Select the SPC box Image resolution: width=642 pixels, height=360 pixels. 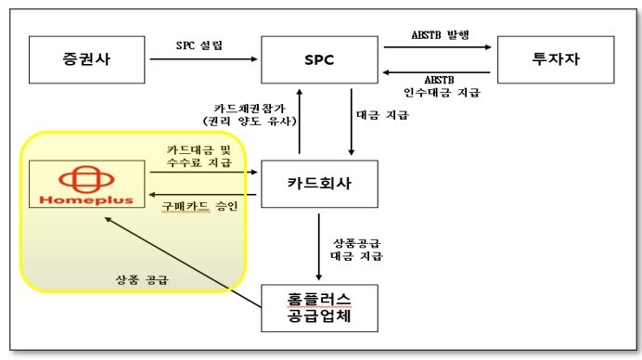(319, 61)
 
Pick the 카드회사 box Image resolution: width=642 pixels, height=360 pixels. (319, 186)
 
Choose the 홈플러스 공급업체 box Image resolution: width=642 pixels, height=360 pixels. (319, 308)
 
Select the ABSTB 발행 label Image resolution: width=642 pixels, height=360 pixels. (438, 36)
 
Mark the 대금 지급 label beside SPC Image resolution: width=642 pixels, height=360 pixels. (380, 116)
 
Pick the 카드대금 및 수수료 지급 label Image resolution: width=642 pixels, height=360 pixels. (199, 156)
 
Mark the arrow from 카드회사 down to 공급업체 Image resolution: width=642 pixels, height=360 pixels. (319, 246)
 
